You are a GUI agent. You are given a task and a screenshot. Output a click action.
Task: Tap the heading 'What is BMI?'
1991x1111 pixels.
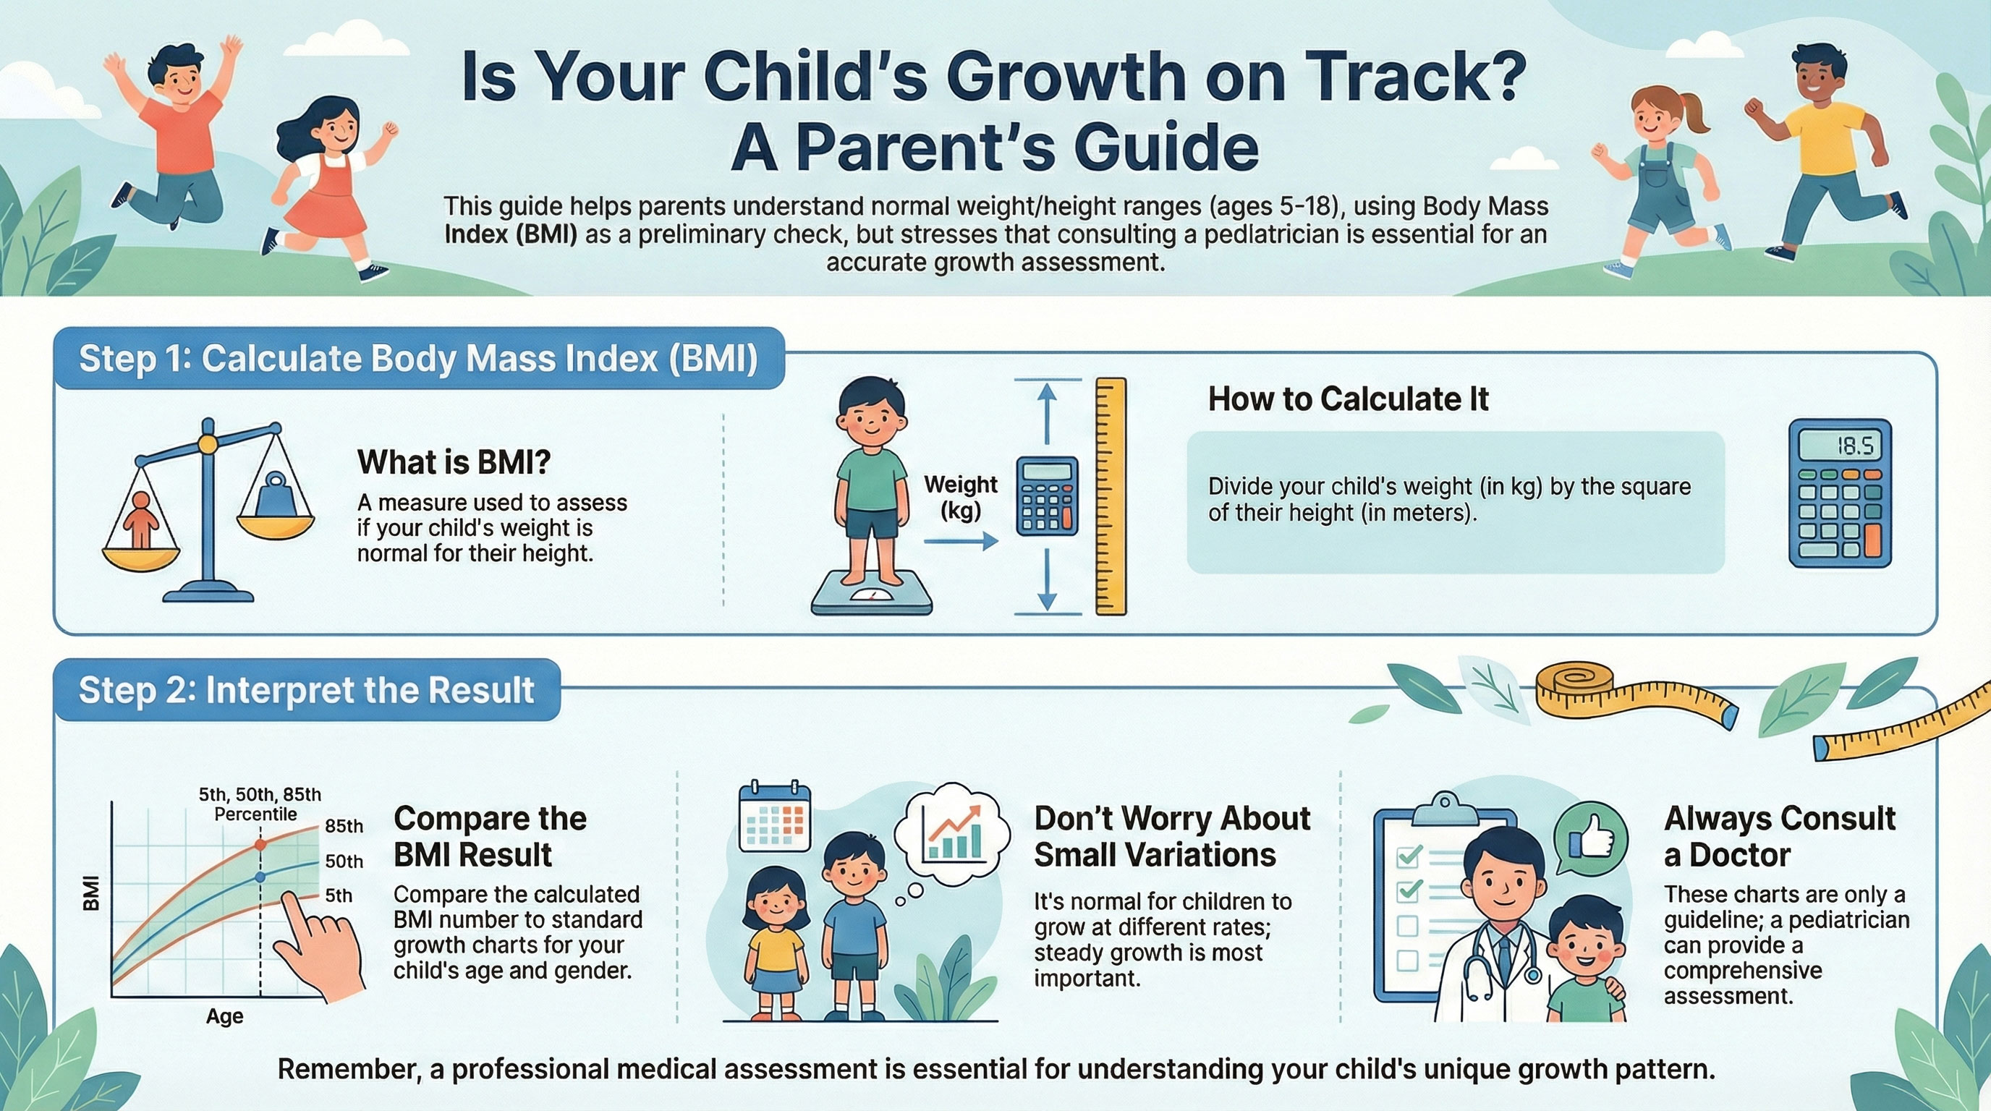454,462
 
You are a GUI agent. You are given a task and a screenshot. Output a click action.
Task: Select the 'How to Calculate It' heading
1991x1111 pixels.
1348,399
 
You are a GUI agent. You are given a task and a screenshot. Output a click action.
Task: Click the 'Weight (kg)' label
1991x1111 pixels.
961,497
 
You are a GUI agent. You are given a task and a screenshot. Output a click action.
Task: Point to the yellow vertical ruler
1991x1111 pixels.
1111,496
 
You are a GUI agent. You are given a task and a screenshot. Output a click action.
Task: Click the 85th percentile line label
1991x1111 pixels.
344,826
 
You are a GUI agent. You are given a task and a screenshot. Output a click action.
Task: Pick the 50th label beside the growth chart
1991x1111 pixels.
344,861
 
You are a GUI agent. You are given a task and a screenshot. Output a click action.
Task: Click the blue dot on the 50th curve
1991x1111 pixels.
260,877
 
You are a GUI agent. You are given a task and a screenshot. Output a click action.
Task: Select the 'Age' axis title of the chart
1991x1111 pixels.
224,1016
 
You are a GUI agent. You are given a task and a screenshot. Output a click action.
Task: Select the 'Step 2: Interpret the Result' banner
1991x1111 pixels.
307,690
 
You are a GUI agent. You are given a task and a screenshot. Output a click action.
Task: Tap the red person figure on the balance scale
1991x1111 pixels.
142,520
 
